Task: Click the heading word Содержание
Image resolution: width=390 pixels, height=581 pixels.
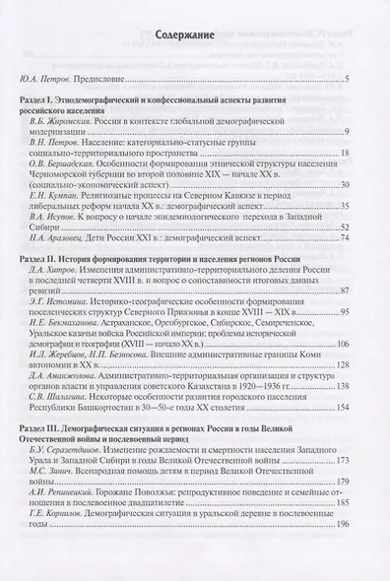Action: tap(195, 35)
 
